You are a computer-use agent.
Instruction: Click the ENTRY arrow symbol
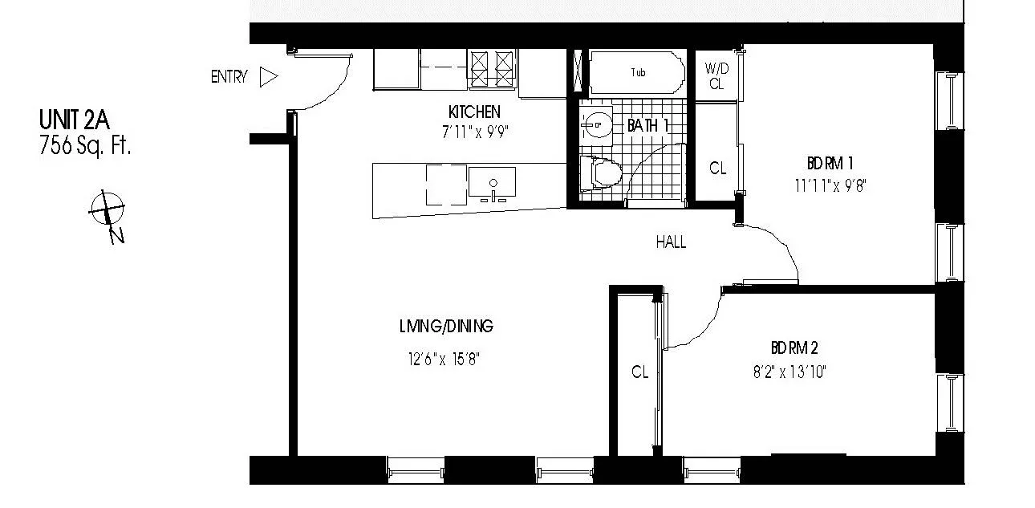tap(269, 77)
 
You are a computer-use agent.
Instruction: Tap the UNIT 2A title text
tap(73, 121)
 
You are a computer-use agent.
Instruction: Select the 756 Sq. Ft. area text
tap(84, 146)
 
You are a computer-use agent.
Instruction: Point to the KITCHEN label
tap(474, 112)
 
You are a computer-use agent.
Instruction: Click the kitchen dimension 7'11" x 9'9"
tap(476, 133)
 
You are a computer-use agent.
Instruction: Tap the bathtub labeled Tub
tap(638, 73)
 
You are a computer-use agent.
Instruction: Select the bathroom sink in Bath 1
tap(596, 125)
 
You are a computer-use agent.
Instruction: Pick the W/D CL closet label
tap(714, 75)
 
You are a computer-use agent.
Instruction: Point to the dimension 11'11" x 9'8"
tap(830, 185)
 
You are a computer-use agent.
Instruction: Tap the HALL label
tap(671, 242)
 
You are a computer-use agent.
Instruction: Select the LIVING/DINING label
tap(446, 327)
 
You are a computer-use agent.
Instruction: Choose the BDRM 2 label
tap(793, 348)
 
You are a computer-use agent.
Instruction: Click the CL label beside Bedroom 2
tap(639, 372)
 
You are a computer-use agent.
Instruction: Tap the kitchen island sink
tap(492, 184)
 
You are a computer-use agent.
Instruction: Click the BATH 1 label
tap(647, 125)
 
